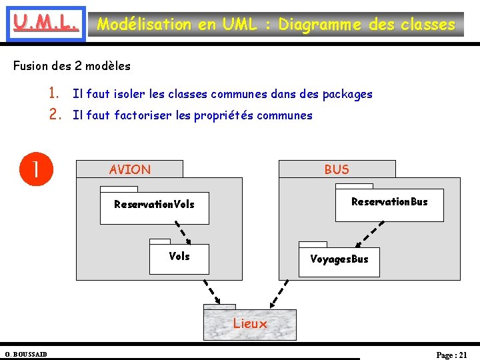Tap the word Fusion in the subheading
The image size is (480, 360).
click(x=30, y=66)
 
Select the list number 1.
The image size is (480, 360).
click(x=56, y=94)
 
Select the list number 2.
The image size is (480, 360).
click(x=56, y=115)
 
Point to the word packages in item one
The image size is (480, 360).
click(x=347, y=95)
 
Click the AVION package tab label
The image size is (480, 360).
click(x=130, y=169)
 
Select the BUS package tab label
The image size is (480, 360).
click(x=337, y=169)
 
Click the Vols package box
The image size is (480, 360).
click(x=179, y=259)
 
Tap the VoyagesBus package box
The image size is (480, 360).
click(x=339, y=261)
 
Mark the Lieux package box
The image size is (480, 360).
click(x=250, y=324)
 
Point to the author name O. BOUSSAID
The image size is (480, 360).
click(x=25, y=353)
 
